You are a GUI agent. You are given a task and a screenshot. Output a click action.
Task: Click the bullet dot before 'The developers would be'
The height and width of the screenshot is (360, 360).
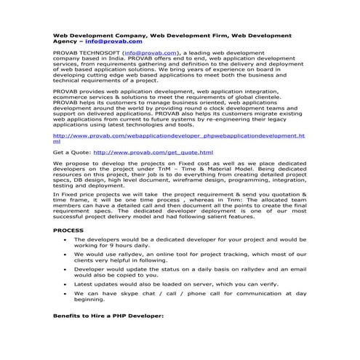(66, 239)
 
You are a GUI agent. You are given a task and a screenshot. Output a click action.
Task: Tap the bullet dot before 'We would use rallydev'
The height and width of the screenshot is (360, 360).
(66, 255)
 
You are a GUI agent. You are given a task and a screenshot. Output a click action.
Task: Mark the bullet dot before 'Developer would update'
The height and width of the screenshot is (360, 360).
(66, 269)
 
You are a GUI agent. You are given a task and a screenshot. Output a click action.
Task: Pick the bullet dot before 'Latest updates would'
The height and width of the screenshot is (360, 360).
(66, 284)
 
